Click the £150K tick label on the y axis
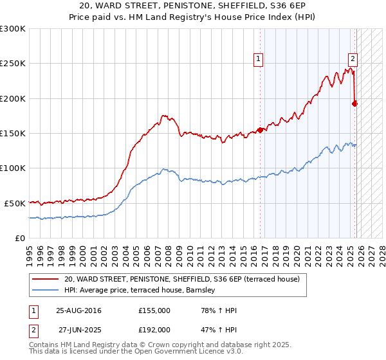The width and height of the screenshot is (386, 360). click(12, 133)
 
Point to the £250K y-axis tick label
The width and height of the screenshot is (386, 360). click(12, 64)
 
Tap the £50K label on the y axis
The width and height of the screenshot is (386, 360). click(14, 203)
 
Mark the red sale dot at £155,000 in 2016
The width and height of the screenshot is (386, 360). click(260, 130)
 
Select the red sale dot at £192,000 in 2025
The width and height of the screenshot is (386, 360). click(354, 104)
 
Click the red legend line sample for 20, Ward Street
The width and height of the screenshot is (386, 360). click(46, 279)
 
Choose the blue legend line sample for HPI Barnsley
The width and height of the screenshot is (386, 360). click(46, 291)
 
